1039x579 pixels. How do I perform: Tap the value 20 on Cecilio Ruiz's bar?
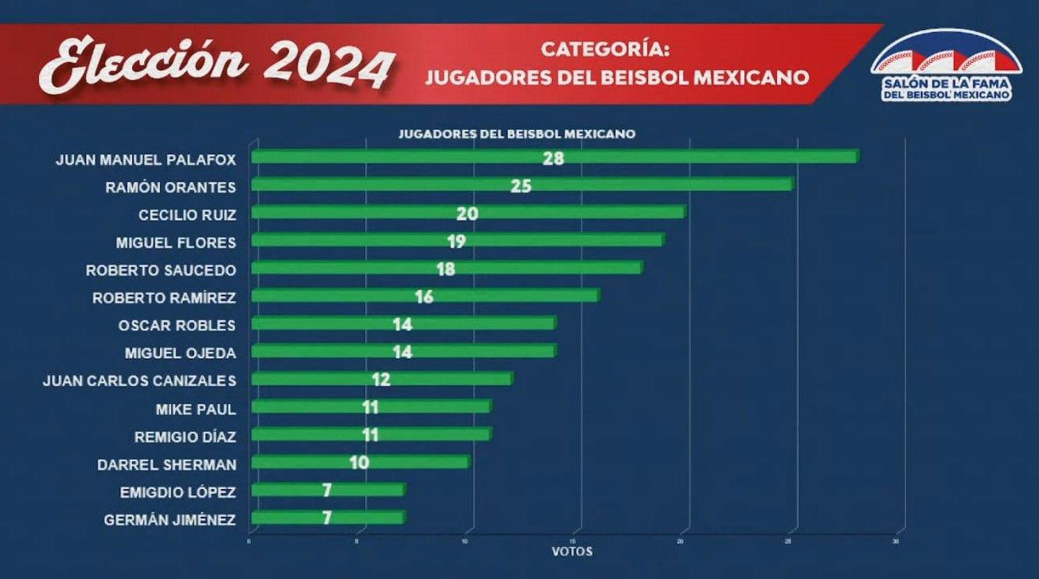click(467, 213)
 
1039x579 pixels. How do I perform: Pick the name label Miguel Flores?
click(176, 241)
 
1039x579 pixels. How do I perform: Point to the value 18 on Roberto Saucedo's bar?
click(446, 269)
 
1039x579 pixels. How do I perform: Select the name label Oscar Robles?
click(177, 325)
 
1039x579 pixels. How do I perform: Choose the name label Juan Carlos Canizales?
click(139, 381)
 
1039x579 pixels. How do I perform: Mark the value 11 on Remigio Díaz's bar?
click(369, 435)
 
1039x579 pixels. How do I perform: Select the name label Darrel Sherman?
click(166, 464)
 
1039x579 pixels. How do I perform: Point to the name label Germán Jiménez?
click(170, 520)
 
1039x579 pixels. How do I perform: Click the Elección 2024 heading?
click(217, 64)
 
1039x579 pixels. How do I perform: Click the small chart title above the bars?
click(517, 135)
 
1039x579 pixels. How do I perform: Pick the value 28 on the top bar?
click(553, 158)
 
